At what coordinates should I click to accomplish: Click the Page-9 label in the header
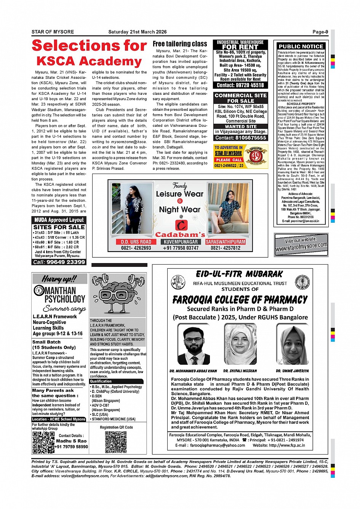(x=320, y=32)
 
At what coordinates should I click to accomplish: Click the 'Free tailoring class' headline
(x=180, y=44)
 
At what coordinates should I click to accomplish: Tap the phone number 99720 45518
(x=240, y=85)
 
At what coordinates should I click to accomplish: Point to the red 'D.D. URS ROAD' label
(x=136, y=242)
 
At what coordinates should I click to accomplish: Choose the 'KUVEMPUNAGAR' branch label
(x=181, y=242)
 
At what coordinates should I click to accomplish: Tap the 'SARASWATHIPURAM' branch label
(x=225, y=242)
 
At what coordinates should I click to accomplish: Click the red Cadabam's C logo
(x=181, y=225)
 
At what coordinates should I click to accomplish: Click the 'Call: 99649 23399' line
(x=59, y=262)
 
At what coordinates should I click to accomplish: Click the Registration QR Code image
(x=116, y=442)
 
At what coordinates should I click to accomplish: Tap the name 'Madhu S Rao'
(x=71, y=441)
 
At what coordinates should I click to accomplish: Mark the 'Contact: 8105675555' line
(x=240, y=138)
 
